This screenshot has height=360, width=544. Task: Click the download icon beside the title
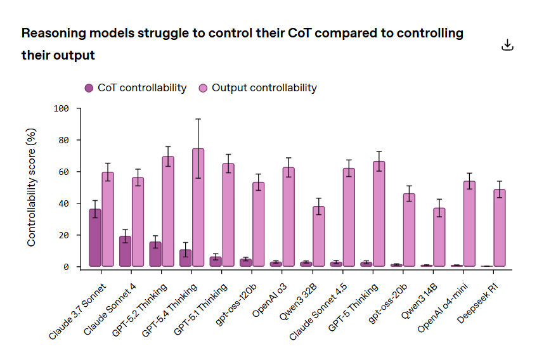tap(507, 44)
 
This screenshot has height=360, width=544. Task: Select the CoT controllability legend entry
tap(136, 88)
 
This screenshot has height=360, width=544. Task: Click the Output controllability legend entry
tap(257, 88)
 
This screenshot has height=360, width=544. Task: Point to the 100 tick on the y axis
tap(61, 108)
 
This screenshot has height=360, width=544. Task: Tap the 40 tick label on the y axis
tap(63, 203)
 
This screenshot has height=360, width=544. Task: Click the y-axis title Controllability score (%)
tap(32, 187)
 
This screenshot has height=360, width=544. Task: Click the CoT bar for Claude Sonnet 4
tap(125, 251)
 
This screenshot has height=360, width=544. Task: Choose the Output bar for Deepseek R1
tap(499, 228)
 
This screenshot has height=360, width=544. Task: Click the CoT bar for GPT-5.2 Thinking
tap(155, 254)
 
